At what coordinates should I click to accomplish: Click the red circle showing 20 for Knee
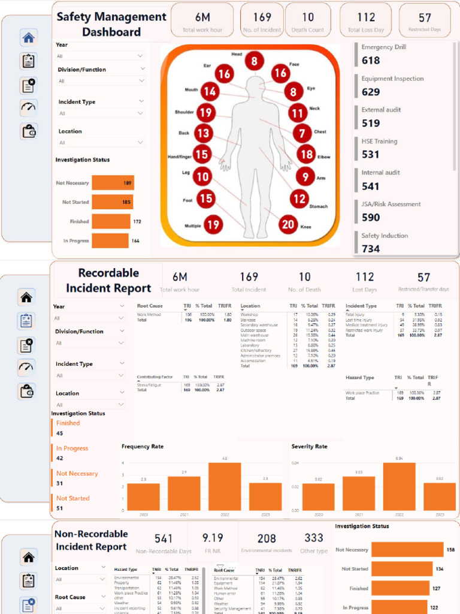289,224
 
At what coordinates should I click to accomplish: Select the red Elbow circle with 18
306,154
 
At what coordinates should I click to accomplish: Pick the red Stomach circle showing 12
299,198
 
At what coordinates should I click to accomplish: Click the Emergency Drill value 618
371,60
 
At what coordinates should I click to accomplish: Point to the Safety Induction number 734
371,248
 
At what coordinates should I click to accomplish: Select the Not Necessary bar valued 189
113,183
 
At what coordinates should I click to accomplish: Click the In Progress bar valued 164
110,240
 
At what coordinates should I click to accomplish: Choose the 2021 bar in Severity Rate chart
358,493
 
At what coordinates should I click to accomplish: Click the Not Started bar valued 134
401,568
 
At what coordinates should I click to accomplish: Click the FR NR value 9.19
213,538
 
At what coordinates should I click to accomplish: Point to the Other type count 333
313,538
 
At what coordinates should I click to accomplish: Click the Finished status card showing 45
60,433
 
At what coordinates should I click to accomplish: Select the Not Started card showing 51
59,508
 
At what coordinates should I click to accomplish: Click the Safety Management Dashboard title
111,24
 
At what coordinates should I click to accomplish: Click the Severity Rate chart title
309,447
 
